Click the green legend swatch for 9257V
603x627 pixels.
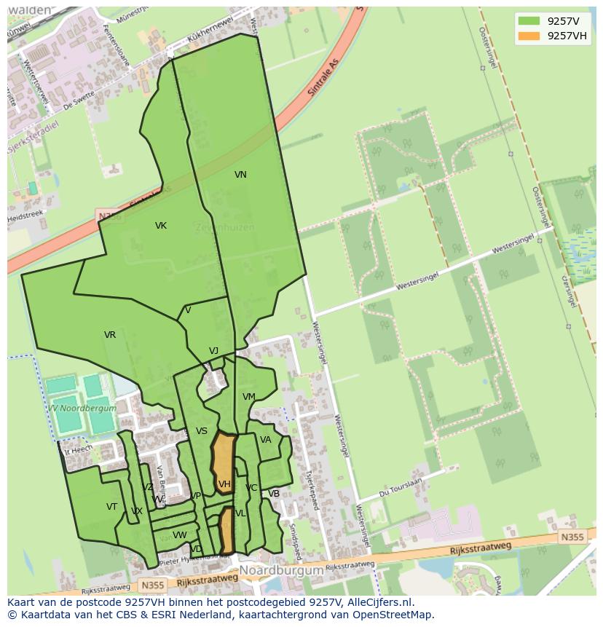click(529, 21)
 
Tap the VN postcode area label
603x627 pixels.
click(240, 175)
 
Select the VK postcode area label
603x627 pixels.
click(161, 226)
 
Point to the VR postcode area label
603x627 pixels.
click(110, 335)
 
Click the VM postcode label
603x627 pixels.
click(249, 397)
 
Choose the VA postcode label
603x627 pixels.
click(266, 440)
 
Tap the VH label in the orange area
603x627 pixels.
click(224, 484)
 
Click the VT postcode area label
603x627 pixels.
click(111, 507)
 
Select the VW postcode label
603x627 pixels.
click(179, 535)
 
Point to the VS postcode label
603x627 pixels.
click(202, 431)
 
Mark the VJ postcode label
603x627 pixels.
click(213, 351)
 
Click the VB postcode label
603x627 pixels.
click(274, 494)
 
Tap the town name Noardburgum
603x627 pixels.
click(281, 571)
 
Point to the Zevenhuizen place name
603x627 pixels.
click(224, 227)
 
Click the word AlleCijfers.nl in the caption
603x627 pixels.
click(377, 602)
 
